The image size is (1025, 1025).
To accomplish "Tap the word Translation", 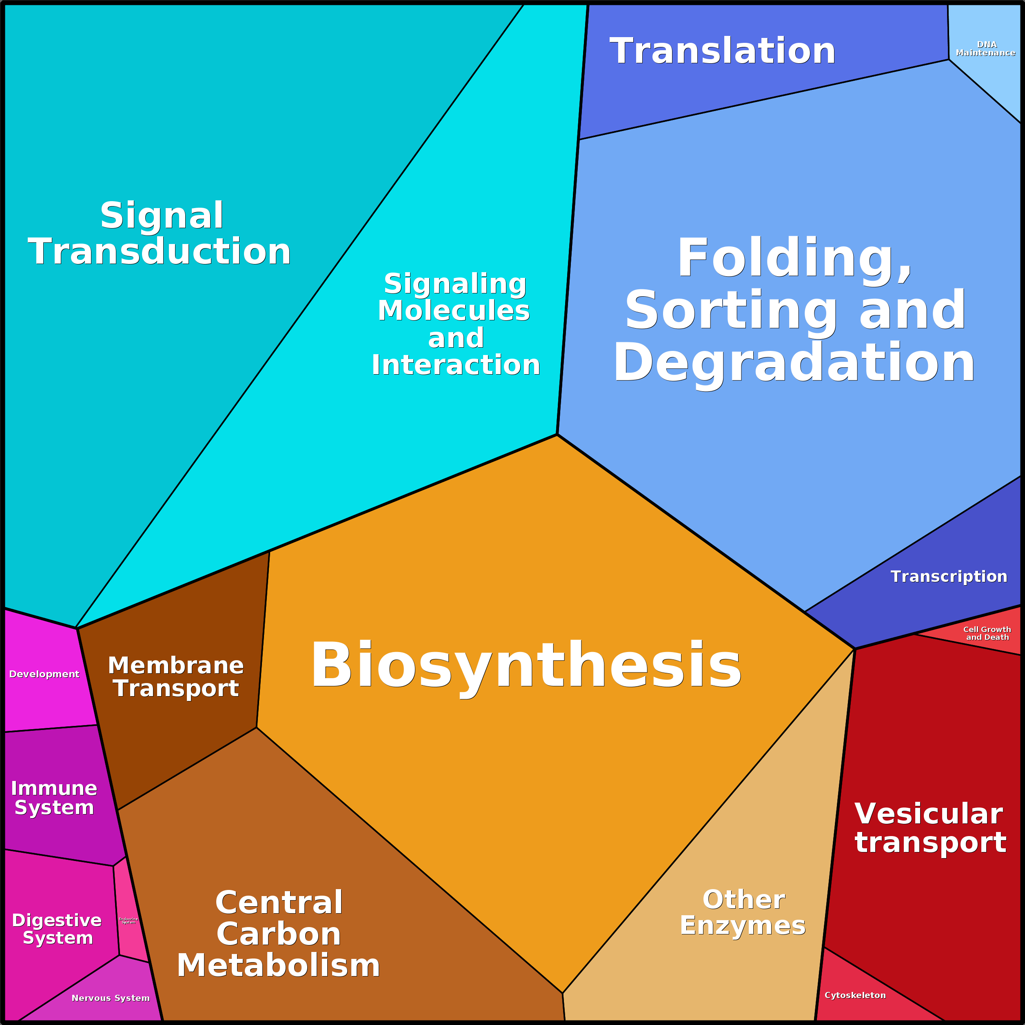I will tap(723, 51).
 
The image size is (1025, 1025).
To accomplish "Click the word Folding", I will tap(794, 258).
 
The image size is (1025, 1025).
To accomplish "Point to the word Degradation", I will tap(794, 363).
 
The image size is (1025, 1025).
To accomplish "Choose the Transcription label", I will tap(949, 577).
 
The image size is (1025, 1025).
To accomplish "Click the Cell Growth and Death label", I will tap(987, 633).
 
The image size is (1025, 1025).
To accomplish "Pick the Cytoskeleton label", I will tap(855, 995).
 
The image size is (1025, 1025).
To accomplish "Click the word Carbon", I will tap(279, 934).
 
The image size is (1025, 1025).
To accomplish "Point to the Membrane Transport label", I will tap(175, 677).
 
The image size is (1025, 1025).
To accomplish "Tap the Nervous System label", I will tap(110, 998).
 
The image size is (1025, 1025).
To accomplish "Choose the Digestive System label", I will tap(57, 929).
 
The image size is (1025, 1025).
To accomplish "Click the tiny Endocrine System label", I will tap(129, 921).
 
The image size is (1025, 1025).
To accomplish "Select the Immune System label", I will tap(54, 797).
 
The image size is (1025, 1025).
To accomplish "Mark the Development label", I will tap(44, 674).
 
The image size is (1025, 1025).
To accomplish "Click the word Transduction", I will tap(159, 251).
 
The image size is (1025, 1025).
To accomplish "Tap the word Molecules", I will tap(454, 311).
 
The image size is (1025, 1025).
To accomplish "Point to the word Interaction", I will tap(456, 365).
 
